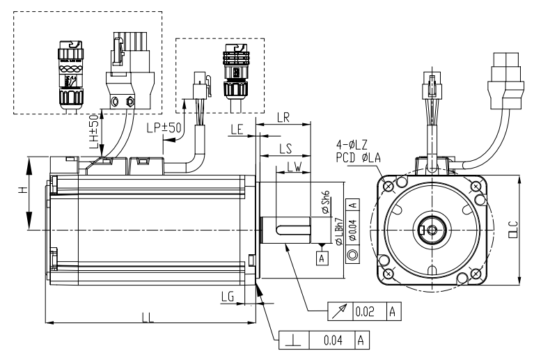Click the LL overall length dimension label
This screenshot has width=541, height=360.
point(148,316)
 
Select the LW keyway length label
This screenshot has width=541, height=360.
point(294,168)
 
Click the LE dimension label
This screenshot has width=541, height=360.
point(237,130)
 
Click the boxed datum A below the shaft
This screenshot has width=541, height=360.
point(321,258)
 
